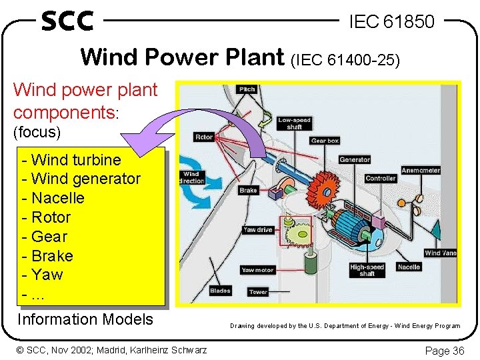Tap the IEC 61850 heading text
[391, 22]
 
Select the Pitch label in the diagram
[247, 89]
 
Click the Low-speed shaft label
[294, 123]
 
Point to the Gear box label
[325, 141]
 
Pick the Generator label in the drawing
[355, 159]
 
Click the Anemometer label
[421, 170]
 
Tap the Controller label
[381, 178]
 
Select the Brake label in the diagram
[248, 190]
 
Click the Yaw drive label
[258, 230]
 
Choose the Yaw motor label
[257, 270]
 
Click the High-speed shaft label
[367, 270]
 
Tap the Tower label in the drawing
[258, 292]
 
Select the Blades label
[220, 290]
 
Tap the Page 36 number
[444, 350]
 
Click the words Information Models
[85, 319]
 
